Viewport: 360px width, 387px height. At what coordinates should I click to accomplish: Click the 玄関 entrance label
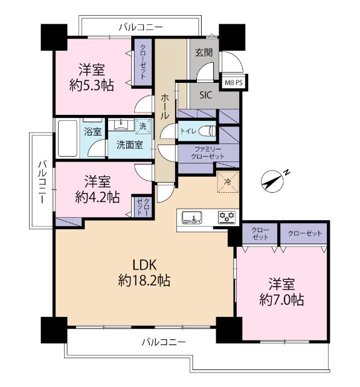(204, 53)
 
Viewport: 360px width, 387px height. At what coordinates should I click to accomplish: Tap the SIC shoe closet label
(205, 95)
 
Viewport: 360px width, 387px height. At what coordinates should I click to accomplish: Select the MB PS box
(234, 83)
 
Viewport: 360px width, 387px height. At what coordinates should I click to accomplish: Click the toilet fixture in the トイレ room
(209, 131)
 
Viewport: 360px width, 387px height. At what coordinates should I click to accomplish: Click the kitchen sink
(191, 218)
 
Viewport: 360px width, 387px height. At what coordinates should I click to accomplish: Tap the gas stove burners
(227, 217)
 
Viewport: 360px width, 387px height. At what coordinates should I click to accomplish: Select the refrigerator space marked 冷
(228, 182)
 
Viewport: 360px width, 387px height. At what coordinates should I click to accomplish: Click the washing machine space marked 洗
(143, 126)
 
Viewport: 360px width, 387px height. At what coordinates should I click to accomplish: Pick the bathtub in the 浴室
(68, 138)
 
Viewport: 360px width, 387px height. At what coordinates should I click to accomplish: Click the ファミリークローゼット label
(208, 153)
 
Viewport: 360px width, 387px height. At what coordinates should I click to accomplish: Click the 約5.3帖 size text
(91, 86)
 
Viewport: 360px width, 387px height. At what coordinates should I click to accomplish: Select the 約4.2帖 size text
(97, 197)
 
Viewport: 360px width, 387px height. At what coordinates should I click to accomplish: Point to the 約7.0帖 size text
(281, 300)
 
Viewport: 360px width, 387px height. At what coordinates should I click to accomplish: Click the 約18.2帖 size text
(144, 281)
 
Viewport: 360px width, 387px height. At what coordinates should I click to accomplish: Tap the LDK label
(144, 265)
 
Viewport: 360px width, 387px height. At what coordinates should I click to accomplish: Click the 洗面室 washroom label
(130, 145)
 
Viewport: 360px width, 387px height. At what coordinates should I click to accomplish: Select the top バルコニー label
(141, 27)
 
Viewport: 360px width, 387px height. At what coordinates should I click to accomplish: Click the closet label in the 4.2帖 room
(143, 207)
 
